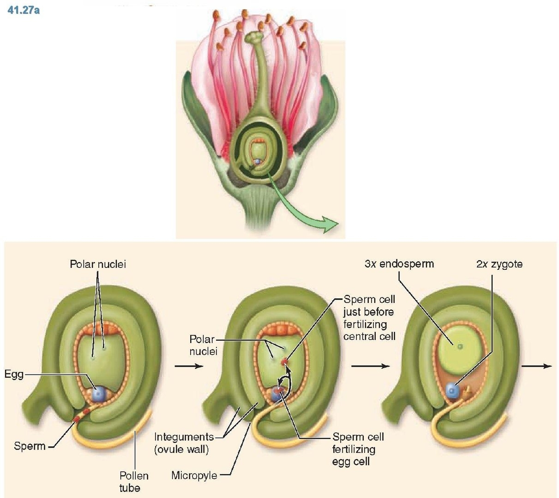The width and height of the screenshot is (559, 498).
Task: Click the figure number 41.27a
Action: coord(24,10)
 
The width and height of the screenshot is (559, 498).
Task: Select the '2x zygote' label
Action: coord(499,264)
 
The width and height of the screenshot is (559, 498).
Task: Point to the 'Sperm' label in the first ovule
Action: coord(30,446)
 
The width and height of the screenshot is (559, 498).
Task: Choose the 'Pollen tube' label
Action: coord(134,481)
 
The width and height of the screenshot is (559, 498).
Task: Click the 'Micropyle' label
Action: coord(194,475)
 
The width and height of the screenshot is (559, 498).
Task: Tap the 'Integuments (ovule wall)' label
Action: coord(184,443)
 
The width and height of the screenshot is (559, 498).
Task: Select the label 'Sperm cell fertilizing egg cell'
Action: coord(358,449)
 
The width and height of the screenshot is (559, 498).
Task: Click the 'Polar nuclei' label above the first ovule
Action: coord(98,264)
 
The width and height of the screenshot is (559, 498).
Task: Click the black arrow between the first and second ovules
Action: coord(189,366)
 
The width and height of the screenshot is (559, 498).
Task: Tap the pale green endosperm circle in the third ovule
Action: coord(460,346)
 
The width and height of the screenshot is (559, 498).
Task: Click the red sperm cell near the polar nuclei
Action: coord(286,361)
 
